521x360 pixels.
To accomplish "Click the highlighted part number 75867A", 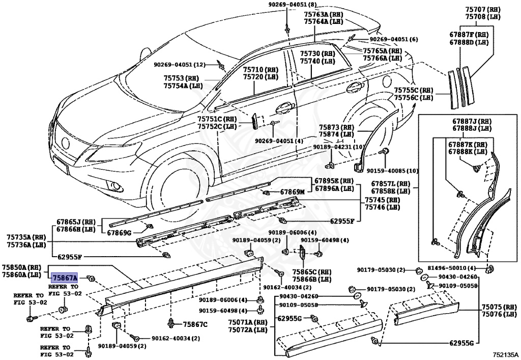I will pos(64,278).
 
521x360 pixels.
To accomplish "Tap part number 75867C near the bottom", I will pos(195,323).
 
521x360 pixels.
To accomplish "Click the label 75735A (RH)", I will pos(26,237).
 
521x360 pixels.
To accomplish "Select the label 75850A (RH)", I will pos(21,266).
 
